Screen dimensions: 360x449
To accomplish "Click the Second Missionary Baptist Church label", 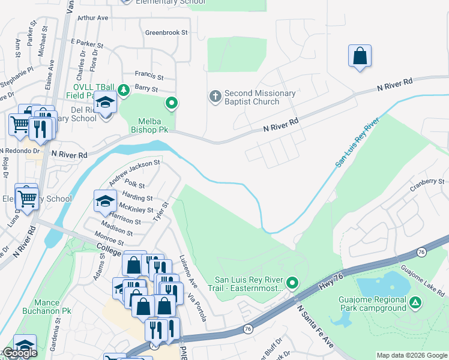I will [259, 97].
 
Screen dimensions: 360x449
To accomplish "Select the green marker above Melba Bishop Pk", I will [172, 104].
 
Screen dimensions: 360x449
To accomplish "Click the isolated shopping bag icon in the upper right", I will [359, 56].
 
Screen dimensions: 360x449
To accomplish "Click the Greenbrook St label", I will [166, 32].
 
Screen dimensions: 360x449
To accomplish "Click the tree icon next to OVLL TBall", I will [124, 91].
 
